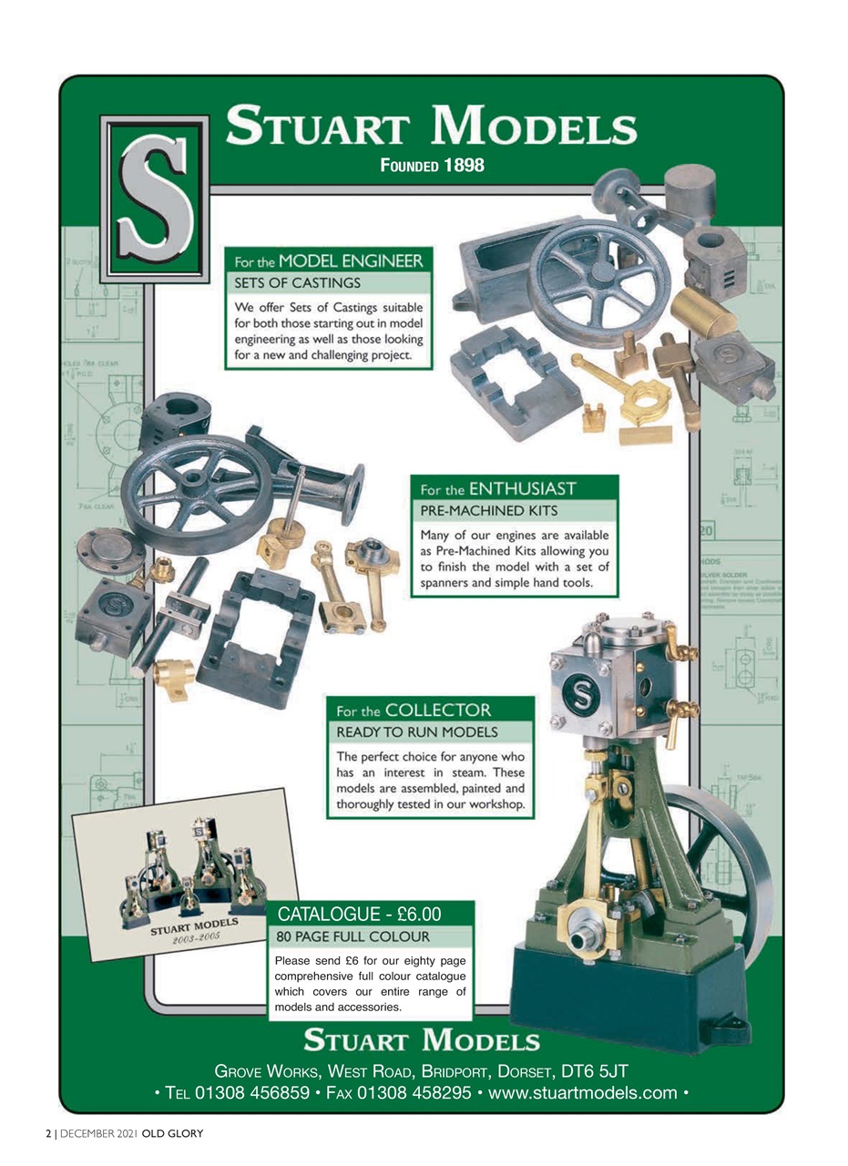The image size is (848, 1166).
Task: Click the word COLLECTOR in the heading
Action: [438, 710]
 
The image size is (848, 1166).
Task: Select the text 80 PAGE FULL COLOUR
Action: [352, 936]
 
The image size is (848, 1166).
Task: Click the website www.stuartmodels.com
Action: [583, 1092]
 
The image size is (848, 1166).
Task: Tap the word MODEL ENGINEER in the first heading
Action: [351, 261]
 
